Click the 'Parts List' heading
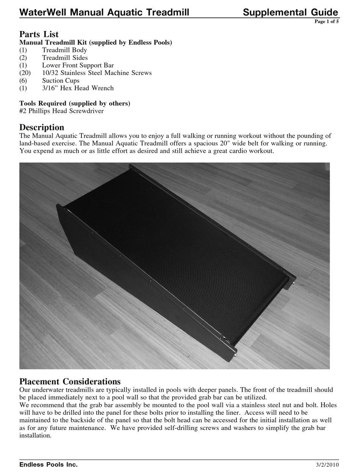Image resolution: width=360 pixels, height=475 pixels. point(39,34)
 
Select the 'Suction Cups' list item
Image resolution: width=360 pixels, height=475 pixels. point(61,80)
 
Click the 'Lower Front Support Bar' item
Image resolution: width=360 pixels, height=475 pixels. point(78,65)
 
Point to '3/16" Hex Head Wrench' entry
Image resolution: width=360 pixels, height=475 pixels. point(78,88)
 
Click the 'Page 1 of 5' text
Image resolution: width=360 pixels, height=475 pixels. point(326,22)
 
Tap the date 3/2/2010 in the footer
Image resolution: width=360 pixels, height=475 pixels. point(327,465)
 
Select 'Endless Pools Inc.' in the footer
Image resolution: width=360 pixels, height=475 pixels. point(49,464)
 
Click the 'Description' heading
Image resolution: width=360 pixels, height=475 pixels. point(42,127)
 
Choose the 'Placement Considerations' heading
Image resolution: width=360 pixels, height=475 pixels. point(70,381)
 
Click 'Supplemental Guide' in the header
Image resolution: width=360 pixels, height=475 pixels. point(290,12)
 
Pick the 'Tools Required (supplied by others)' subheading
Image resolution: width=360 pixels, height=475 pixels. point(75,103)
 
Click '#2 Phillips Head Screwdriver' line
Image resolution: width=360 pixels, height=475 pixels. point(61,111)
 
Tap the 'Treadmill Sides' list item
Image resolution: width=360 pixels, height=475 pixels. point(65,58)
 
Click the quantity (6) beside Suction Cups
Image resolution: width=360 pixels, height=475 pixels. point(23,80)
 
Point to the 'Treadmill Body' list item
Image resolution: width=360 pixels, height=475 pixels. point(64,50)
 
